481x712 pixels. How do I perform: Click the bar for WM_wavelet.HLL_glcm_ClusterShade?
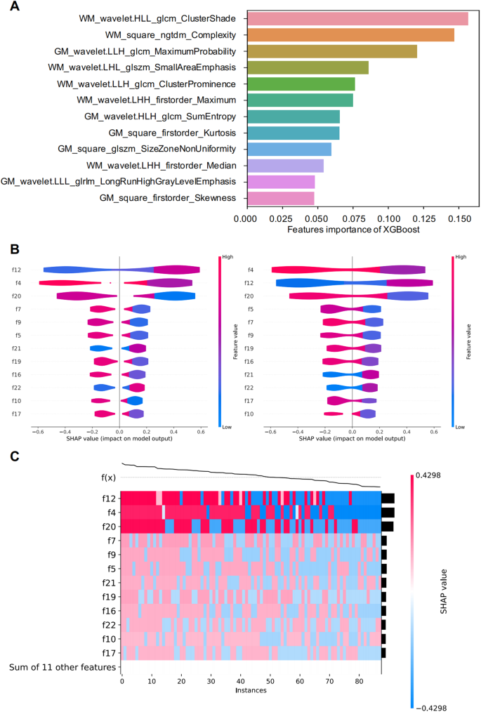[357, 19]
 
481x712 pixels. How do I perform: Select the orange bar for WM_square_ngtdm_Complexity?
[350, 35]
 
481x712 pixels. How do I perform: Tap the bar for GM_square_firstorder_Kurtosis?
[292, 133]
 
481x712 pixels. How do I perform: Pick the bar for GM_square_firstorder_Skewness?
[279, 198]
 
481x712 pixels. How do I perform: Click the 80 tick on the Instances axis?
[359, 680]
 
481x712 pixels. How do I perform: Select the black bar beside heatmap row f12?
[388, 499]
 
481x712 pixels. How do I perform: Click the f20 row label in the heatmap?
[108, 526]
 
